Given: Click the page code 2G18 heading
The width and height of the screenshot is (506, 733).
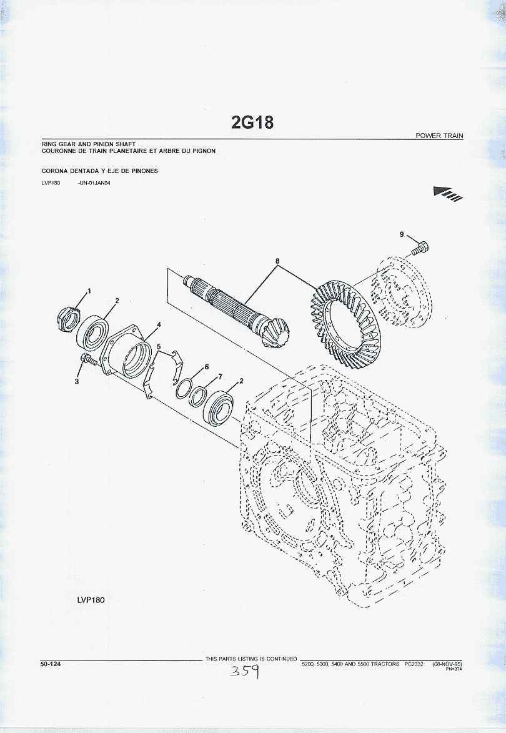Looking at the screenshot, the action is coord(252,122).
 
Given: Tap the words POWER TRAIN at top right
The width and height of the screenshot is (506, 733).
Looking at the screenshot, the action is coord(439,136).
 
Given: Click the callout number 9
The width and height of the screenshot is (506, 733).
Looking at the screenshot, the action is coord(401,234).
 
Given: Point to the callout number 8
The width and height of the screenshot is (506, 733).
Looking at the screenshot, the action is coord(277,261).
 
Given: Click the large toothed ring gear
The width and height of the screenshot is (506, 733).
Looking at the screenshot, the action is coord(345,324).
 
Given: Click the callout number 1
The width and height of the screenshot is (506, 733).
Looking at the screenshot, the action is coord(89,291).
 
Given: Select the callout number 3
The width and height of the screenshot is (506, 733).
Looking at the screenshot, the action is coord(77,381).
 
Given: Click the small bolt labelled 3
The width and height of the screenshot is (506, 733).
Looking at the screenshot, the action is coord(88,359).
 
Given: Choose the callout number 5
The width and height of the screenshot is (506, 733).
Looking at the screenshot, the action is coord(159,346).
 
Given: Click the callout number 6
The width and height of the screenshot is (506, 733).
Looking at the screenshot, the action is coord(207,366).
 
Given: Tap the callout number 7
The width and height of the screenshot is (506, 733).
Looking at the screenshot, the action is coord(220,376).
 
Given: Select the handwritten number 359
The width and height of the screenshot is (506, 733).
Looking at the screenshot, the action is coord(244,672).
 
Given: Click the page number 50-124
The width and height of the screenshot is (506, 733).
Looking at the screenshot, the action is coord(51,664).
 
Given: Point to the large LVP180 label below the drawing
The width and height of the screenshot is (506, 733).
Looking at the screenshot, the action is coord(91,600).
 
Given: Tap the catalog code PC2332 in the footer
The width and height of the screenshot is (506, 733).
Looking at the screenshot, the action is coord(414,664).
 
